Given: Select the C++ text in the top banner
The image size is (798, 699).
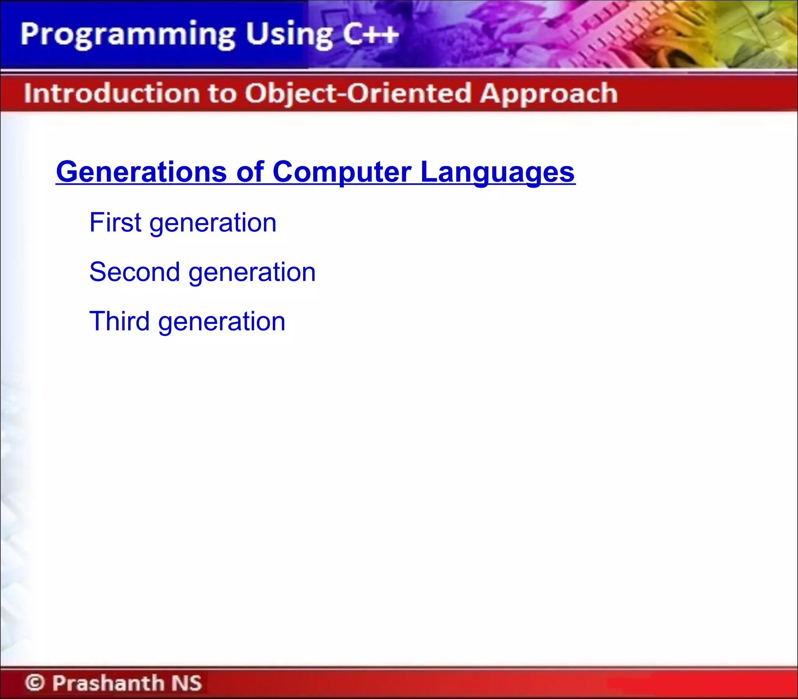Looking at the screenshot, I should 370,34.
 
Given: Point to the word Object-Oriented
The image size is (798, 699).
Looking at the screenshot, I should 358,93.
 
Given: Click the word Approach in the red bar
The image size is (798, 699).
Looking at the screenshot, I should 549,94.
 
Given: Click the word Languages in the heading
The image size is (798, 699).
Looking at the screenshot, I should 498,172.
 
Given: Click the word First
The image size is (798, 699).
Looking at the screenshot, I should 115,222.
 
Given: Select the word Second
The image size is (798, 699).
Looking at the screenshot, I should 135,272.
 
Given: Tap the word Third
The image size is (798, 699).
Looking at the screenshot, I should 119,321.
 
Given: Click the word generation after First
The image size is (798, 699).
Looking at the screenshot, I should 213,224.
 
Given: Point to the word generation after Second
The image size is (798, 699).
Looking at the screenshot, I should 252,273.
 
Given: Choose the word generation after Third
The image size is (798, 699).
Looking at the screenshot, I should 222,322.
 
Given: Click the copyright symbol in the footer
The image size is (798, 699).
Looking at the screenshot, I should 35,683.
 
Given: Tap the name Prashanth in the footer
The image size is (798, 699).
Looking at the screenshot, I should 108,683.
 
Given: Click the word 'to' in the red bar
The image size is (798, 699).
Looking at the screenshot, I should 222,94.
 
